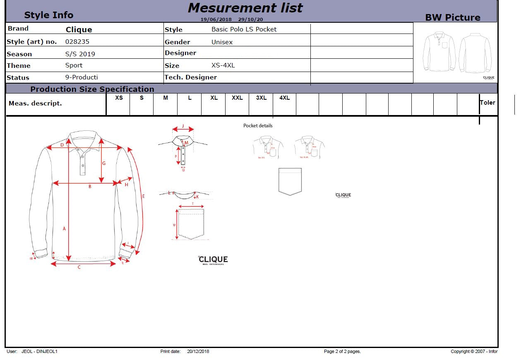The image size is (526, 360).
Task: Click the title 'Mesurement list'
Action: pyautogui.click(x=245, y=8)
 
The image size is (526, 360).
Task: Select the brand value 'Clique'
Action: pyautogui.click(x=79, y=30)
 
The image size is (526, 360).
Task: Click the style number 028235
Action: pyautogui.click(x=77, y=42)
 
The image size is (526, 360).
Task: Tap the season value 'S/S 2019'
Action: pyautogui.click(x=80, y=54)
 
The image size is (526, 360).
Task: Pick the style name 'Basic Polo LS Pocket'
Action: pyautogui.click(x=244, y=29)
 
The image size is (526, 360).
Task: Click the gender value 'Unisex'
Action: pyautogui.click(x=222, y=42)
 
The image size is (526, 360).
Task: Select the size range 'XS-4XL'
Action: pyautogui.click(x=223, y=65)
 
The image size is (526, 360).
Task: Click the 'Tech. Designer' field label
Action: pyautogui.click(x=191, y=77)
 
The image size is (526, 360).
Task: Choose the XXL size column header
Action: pyautogui.click(x=237, y=98)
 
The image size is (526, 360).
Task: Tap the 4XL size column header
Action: pyautogui.click(x=285, y=98)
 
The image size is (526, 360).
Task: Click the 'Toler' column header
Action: pyautogui.click(x=488, y=103)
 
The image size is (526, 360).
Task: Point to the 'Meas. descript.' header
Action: pyautogui.click(x=35, y=103)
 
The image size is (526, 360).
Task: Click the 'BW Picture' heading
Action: pyautogui.click(x=453, y=17)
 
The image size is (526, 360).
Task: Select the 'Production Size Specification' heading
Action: pyautogui.click(x=92, y=89)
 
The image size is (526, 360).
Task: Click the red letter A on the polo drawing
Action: pyautogui.click(x=64, y=228)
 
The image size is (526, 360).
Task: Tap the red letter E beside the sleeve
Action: pyautogui.click(x=144, y=196)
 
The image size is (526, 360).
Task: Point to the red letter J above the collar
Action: pyautogui.click(x=183, y=126)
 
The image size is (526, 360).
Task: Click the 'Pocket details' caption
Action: pyautogui.click(x=258, y=126)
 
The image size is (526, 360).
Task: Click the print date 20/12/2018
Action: pyautogui.click(x=198, y=352)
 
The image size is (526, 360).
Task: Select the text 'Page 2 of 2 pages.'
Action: pyautogui.click(x=342, y=352)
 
